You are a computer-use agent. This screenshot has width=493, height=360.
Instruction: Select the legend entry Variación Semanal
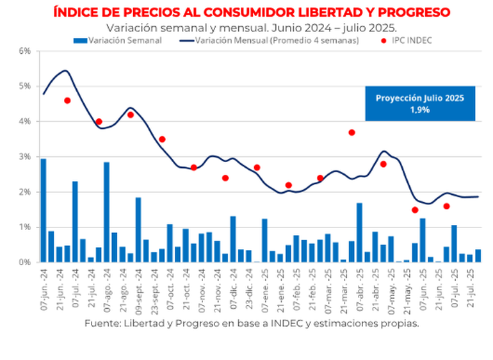(x=125, y=40)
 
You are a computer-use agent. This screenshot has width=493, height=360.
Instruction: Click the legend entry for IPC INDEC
(x=410, y=40)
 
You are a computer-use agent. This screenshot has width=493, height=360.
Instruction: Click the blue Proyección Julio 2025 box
(x=420, y=103)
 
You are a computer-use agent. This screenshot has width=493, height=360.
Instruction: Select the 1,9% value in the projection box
(x=420, y=110)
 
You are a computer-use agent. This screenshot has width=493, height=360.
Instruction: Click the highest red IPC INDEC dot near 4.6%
(x=67, y=101)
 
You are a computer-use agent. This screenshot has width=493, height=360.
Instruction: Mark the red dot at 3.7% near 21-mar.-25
(x=352, y=133)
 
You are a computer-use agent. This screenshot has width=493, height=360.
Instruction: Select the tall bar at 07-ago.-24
(x=106, y=212)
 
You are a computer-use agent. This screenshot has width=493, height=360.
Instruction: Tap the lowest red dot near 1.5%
(x=415, y=210)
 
